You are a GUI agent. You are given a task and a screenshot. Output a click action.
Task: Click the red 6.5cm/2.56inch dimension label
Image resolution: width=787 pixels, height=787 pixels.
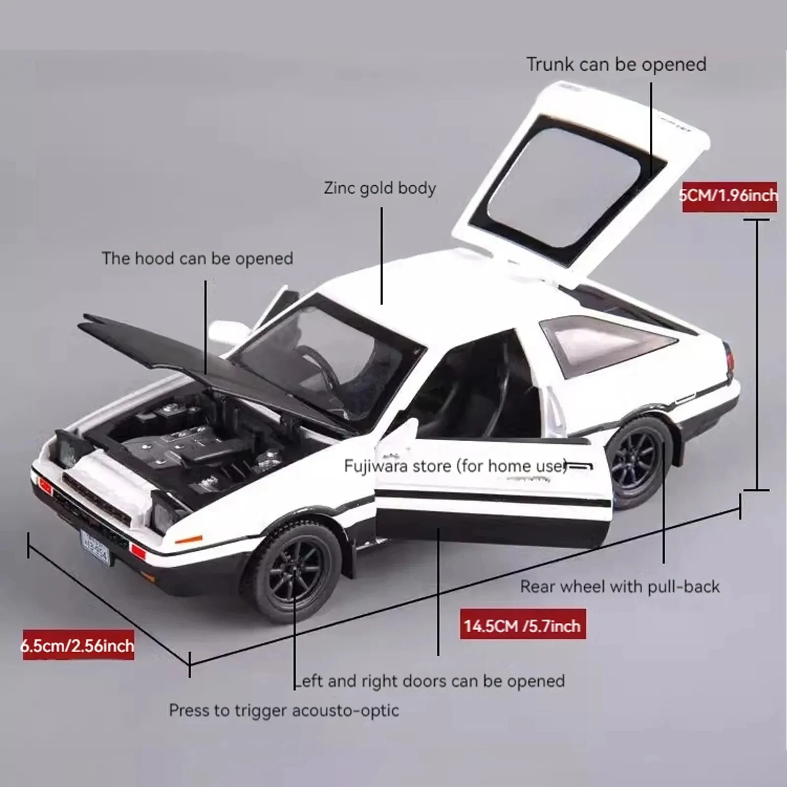point(78,645)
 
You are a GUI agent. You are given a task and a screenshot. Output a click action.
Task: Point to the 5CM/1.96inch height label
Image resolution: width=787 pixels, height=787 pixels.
point(729,196)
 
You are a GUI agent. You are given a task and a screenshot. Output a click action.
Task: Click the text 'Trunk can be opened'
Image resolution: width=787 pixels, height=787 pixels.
point(616,64)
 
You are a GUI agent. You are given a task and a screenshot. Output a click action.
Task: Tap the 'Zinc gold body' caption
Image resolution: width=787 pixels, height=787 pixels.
point(380,188)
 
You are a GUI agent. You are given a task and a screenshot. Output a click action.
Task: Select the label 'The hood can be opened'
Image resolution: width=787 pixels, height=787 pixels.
point(197,258)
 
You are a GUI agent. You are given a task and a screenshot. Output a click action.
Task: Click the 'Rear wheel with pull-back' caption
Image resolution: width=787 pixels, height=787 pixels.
point(620,586)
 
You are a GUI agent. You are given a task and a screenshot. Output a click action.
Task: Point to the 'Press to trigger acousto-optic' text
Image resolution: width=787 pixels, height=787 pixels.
point(284,710)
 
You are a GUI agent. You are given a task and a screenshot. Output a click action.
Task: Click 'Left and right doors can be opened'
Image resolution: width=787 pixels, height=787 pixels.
point(429,681)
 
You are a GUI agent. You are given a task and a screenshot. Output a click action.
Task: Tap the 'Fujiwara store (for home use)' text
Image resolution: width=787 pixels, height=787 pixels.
point(455,466)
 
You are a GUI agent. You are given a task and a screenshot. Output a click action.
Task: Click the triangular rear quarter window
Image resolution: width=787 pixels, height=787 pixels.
point(605,342)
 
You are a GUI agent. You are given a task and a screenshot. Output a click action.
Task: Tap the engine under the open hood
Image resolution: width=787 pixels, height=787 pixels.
point(197,443)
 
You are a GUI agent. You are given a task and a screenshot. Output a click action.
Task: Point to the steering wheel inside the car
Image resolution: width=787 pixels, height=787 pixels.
point(320,364)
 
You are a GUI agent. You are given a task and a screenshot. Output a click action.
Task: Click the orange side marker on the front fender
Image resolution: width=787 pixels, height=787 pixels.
point(188,540)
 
